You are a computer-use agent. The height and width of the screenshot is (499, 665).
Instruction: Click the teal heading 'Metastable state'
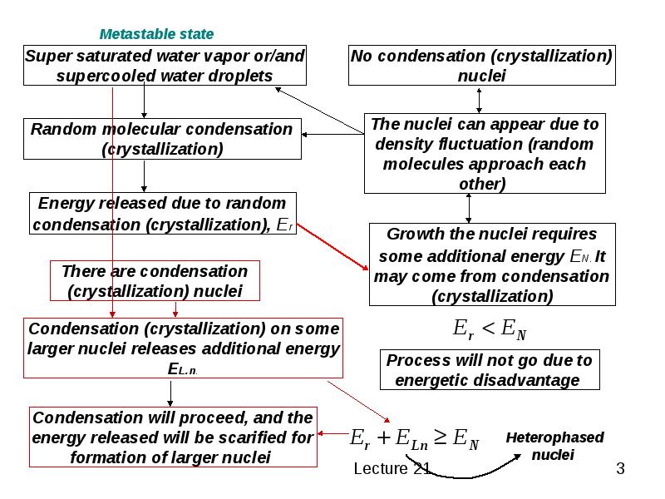pos(156,34)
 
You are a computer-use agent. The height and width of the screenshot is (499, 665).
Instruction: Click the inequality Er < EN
pos(490,329)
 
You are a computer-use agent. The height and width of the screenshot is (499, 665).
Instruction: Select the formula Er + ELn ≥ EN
pos(414,438)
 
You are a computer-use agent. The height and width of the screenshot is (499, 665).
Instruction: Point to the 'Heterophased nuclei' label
pos(554,446)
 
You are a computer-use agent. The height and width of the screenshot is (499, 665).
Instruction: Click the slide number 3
pos(620,468)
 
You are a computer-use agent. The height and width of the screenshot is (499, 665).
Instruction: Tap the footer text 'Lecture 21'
pos(392,468)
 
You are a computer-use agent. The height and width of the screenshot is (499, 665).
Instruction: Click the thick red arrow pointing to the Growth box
pos(332,246)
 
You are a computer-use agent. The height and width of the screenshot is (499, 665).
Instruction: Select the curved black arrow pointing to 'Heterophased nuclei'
pos(462,477)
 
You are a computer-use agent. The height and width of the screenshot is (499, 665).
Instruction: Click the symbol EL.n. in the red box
pos(183,369)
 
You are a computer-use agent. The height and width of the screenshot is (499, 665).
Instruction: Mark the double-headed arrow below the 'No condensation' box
pos(479,101)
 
